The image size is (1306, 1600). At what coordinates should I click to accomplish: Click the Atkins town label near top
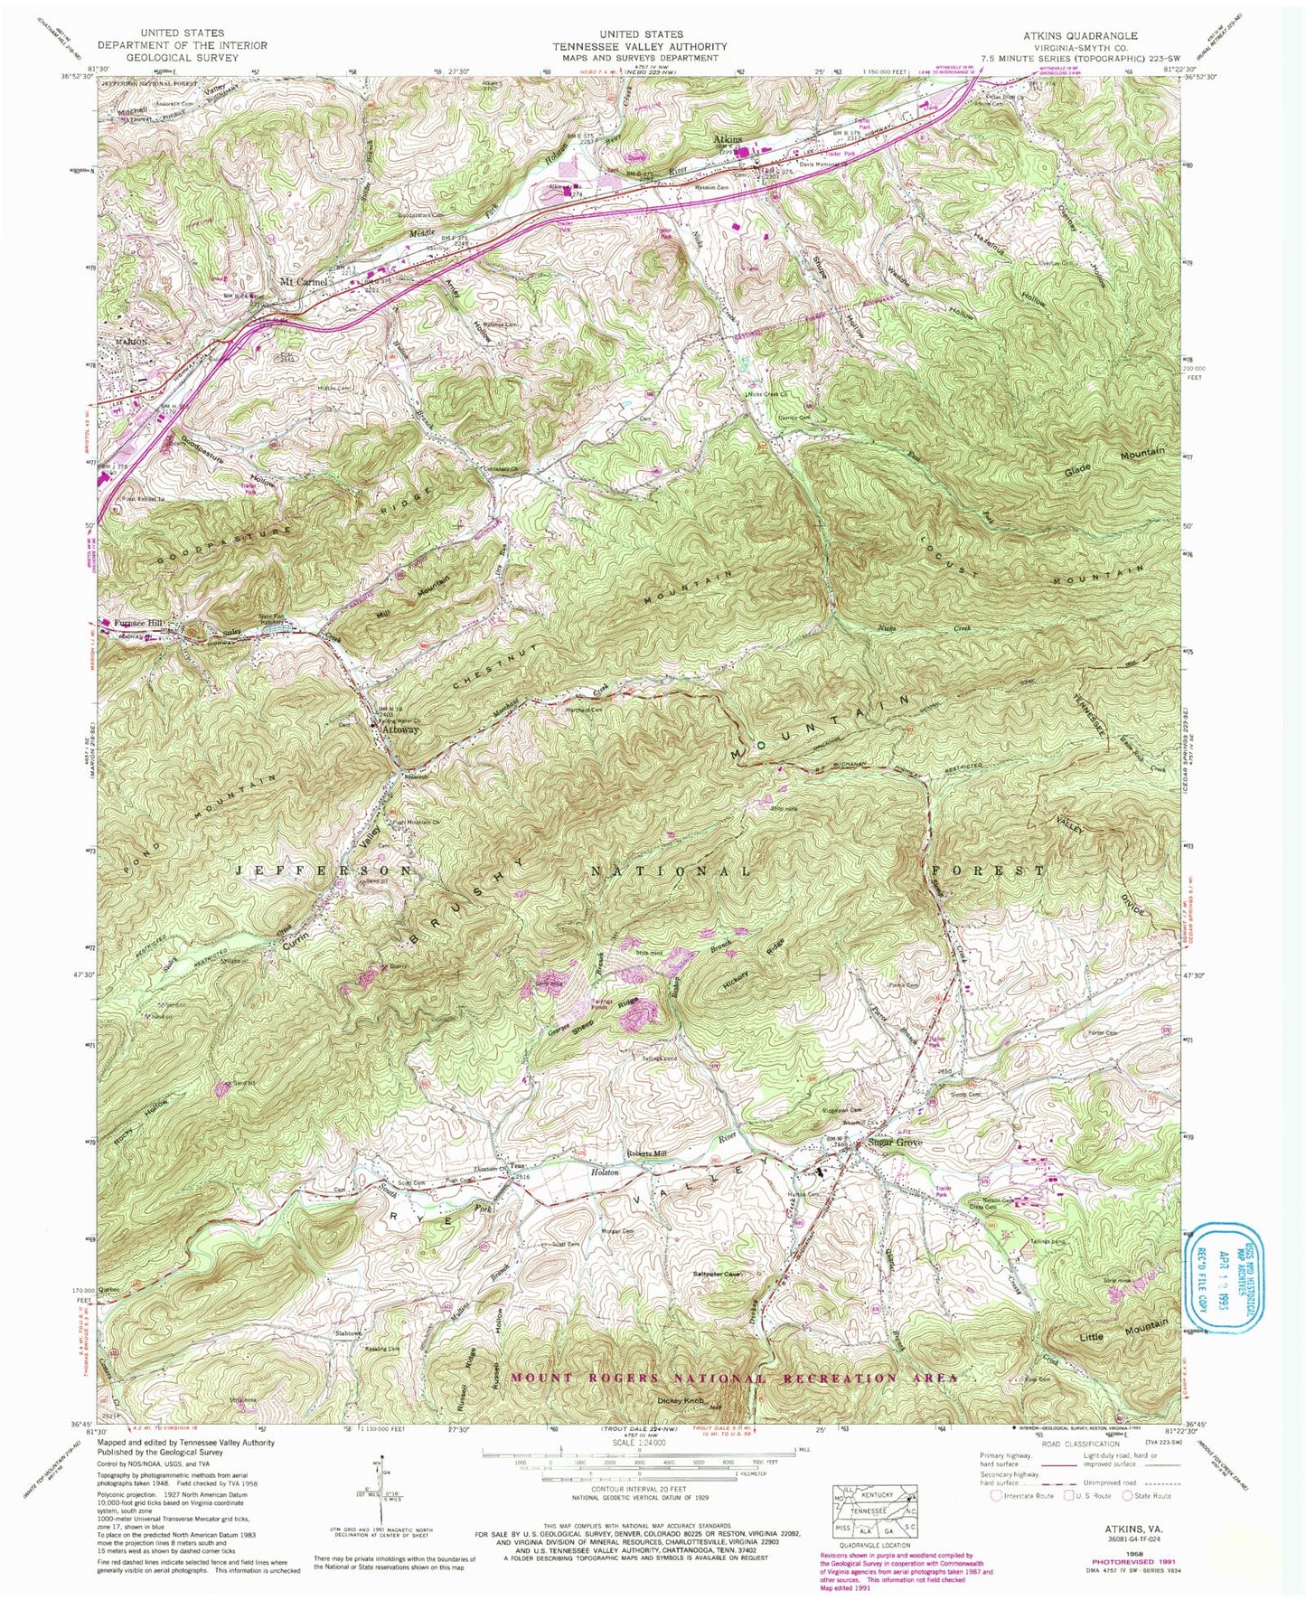[728, 139]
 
